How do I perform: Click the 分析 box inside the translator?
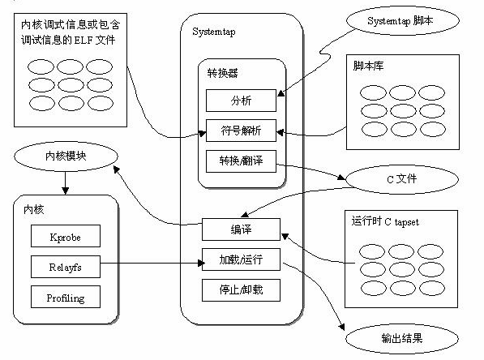[x=241, y=101]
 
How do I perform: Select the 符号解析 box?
[x=241, y=130]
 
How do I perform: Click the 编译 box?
[x=241, y=228]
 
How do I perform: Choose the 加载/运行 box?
[x=241, y=259]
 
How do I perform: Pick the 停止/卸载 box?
[x=241, y=289]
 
